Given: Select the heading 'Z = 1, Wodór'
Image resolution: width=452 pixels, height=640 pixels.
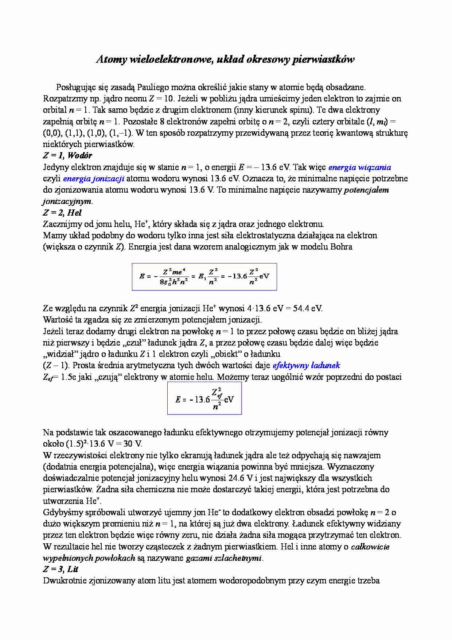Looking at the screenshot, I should pyautogui.click(x=67, y=155).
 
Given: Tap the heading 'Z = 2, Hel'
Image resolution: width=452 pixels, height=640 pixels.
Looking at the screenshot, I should pyautogui.click(x=62, y=213).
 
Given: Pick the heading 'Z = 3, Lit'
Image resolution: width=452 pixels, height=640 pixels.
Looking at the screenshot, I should pyautogui.click(x=61, y=569).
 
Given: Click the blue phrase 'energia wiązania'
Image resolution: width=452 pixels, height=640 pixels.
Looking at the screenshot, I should pyautogui.click(x=359, y=167).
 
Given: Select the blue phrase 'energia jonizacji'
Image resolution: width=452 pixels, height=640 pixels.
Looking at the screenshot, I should pyautogui.click(x=94, y=179).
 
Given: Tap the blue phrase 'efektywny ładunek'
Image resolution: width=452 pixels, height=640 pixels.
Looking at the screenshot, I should pyautogui.click(x=306, y=365).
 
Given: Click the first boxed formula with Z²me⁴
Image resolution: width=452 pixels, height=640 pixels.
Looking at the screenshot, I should pyautogui.click(x=204, y=277).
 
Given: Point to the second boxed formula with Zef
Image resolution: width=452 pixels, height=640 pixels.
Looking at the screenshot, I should pyautogui.click(x=204, y=398).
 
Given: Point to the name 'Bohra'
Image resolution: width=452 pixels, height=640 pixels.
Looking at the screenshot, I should pyautogui.click(x=341, y=247).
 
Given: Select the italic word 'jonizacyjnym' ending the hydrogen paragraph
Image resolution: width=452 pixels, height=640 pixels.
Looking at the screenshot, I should pyautogui.click(x=67, y=201).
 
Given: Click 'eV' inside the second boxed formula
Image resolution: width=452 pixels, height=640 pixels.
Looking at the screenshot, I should pyautogui.click(x=229, y=399).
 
